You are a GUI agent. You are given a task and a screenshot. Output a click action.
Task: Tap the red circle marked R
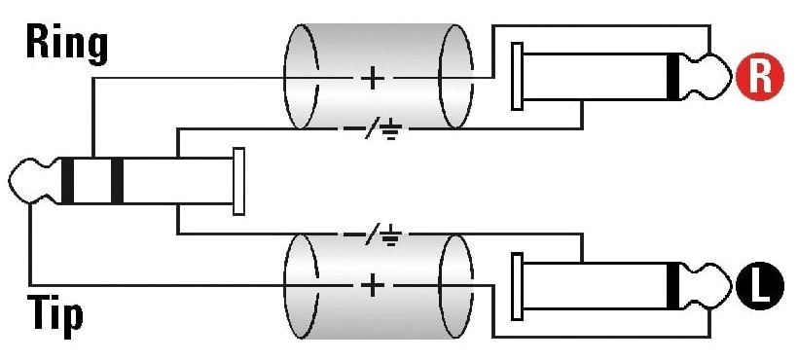click(x=760, y=77)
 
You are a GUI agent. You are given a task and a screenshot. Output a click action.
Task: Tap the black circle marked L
click(x=760, y=286)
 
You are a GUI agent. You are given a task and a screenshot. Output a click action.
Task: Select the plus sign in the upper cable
click(x=373, y=78)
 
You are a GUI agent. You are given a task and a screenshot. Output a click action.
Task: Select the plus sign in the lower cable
click(x=373, y=285)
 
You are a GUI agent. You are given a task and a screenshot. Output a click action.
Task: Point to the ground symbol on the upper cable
click(x=392, y=130)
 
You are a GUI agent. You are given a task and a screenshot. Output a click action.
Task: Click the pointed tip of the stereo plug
click(x=10, y=181)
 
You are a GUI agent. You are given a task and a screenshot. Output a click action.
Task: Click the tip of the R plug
click(x=731, y=76)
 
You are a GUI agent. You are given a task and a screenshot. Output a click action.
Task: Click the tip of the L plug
click(x=731, y=285)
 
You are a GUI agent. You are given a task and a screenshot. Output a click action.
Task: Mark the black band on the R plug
click(x=673, y=76)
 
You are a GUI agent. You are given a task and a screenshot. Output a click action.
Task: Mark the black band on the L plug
click(x=673, y=285)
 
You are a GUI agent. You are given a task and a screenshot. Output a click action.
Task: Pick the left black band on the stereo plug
click(x=67, y=181)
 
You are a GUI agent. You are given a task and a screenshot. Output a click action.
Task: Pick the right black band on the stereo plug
click(x=117, y=181)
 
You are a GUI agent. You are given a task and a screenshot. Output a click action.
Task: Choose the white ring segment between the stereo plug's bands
click(x=92, y=181)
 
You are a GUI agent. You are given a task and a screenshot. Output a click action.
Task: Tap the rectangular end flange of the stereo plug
click(x=238, y=181)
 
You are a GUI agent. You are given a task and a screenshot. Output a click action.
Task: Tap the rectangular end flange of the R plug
click(x=517, y=76)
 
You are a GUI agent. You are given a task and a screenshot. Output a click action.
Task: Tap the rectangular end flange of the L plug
click(x=517, y=286)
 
